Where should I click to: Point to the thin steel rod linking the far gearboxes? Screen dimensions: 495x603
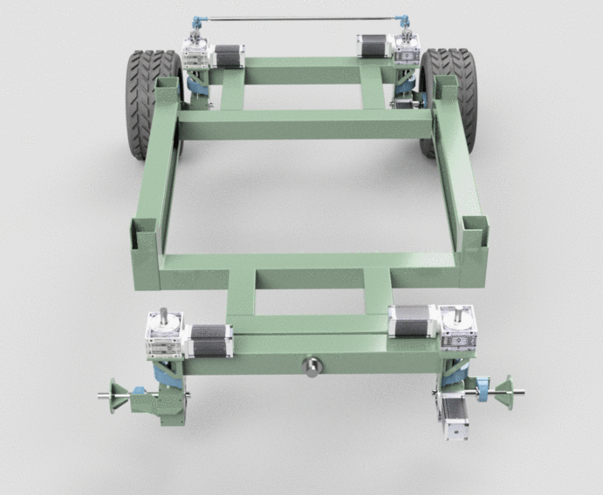pos(297,18)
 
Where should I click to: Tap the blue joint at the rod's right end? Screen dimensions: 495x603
pos(404,18)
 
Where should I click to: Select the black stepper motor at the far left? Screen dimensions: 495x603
pos(228,55)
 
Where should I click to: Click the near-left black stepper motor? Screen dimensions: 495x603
pos(210,341)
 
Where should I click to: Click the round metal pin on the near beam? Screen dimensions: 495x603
pos(311,366)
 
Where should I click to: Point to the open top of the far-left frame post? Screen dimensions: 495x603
pos(167,82)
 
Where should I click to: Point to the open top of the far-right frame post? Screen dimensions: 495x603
pos(443,81)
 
